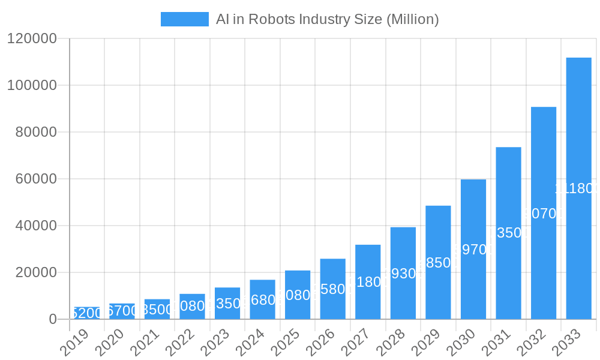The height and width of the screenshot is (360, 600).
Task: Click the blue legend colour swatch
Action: pos(184,19)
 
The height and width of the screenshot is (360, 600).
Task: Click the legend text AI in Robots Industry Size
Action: pos(328,19)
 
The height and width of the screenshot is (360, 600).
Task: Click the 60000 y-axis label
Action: pos(35,179)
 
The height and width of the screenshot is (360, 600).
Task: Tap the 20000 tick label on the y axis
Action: pos(35,272)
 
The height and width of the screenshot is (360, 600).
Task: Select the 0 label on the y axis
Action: pos(53,319)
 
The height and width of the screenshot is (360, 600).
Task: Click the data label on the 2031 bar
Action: pos(508,233)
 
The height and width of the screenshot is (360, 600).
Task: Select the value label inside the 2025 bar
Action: pos(298,295)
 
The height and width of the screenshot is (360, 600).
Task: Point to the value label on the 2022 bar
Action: pos(192,306)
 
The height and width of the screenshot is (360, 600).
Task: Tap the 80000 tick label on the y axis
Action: pos(35,132)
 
